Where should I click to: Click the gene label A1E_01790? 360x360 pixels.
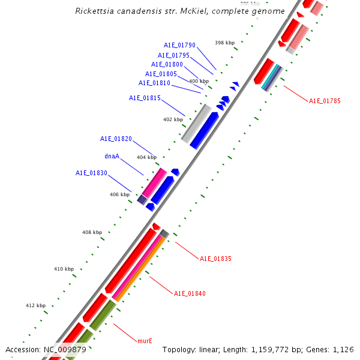pyautogui.click(x=179, y=45)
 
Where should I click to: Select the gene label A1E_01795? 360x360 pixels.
pyautogui.click(x=173, y=55)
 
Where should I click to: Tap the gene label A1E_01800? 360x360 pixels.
pyautogui.click(x=167, y=64)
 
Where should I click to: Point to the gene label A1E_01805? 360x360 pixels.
pyautogui.click(x=161, y=74)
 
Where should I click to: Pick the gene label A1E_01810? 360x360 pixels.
pyautogui.click(x=154, y=83)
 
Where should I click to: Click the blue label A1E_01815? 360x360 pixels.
pyautogui.click(x=145, y=98)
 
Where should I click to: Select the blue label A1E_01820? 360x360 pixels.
pyautogui.click(x=116, y=139)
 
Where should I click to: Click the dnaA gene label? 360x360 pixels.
pyautogui.click(x=112, y=156)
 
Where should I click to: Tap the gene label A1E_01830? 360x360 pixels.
pyautogui.click(x=91, y=173)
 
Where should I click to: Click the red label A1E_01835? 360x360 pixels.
pyautogui.click(x=215, y=259)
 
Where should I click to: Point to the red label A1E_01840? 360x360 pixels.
pyautogui.click(x=190, y=293)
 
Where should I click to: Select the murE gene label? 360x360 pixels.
pyautogui.click(x=145, y=341)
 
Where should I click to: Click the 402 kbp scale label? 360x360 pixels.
pyautogui.click(x=173, y=119)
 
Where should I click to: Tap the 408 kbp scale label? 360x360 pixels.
pyautogui.click(x=92, y=232)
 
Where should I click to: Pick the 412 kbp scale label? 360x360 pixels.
pyautogui.click(x=35, y=305)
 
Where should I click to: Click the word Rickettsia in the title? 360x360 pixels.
pyautogui.click(x=97, y=11)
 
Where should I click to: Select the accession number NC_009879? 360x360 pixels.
pyautogui.click(x=65, y=349)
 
